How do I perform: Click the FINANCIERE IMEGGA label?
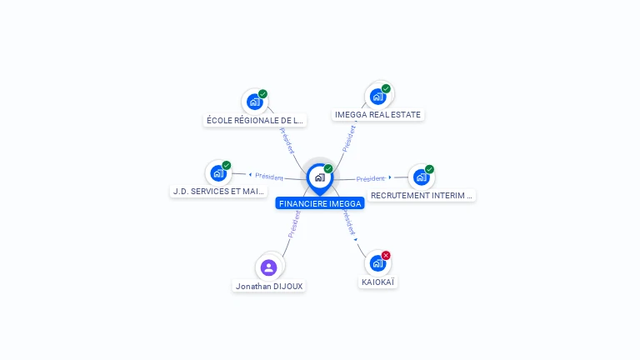pyautogui.click(x=320, y=203)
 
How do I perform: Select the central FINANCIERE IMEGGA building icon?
pyautogui.click(x=319, y=177)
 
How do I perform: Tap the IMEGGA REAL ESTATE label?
pyautogui.click(x=377, y=115)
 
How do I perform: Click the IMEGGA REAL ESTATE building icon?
pyautogui.click(x=377, y=96)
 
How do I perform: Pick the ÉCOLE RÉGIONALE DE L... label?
pyautogui.click(x=256, y=120)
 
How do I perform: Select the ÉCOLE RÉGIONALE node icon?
pyautogui.click(x=254, y=102)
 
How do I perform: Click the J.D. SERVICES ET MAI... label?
pyautogui.click(x=219, y=191)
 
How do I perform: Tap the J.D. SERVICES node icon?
pyautogui.click(x=218, y=172)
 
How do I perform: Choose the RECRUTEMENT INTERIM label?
pyautogui.click(x=422, y=195)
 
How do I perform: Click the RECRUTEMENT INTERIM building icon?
pyautogui.click(x=421, y=177)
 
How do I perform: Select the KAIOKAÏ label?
pyautogui.click(x=378, y=282)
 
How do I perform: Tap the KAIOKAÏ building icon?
pyautogui.click(x=377, y=263)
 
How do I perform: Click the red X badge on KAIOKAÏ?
pyautogui.click(x=386, y=255)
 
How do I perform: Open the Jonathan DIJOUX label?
pyautogui.click(x=269, y=286)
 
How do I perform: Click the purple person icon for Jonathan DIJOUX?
pyautogui.click(x=268, y=267)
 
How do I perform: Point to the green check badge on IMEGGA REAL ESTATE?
pyautogui.click(x=386, y=88)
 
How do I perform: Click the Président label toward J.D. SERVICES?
pyautogui.click(x=269, y=177)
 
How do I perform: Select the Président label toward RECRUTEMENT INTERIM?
pyautogui.click(x=370, y=178)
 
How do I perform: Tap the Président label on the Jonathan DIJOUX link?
pyautogui.click(x=293, y=224)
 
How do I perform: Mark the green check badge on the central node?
pyautogui.click(x=328, y=168)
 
